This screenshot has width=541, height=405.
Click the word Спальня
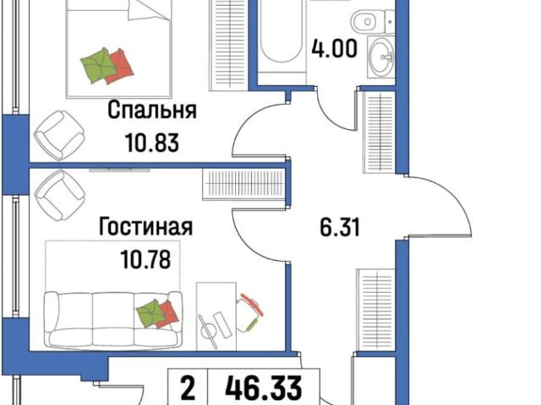[152, 111]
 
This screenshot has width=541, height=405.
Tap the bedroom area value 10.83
[152, 142]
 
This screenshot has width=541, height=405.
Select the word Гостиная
[145, 227]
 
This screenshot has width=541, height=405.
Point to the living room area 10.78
[152, 257]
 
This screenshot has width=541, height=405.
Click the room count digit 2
[189, 390]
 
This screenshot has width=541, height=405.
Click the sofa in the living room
[113, 318]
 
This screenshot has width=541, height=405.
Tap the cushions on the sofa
[158, 313]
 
